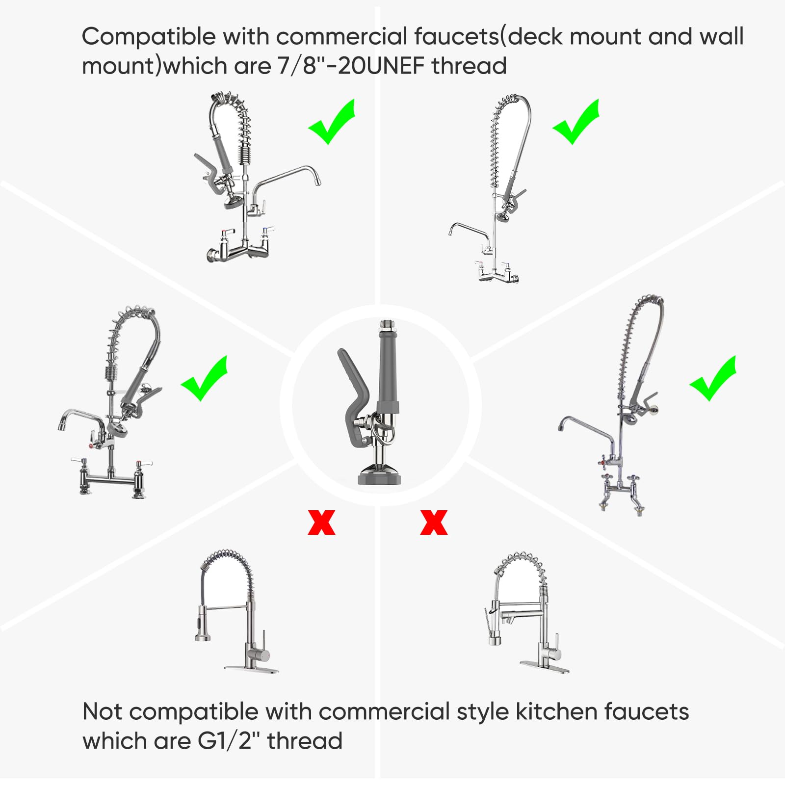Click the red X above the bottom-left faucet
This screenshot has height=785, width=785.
[321, 522]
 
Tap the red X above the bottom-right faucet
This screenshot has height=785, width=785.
[434, 522]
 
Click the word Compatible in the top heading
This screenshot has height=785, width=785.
[148, 37]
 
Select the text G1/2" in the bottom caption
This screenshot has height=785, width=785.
[225, 741]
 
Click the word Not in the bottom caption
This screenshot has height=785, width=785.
[101, 711]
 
